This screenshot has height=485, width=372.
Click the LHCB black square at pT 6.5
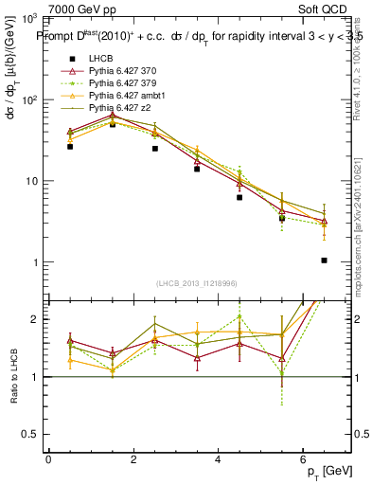(324, 260)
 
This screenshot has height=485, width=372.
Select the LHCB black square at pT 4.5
(239, 198)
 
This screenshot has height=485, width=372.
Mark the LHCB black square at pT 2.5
(154, 149)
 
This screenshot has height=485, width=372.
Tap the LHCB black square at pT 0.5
(70, 147)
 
